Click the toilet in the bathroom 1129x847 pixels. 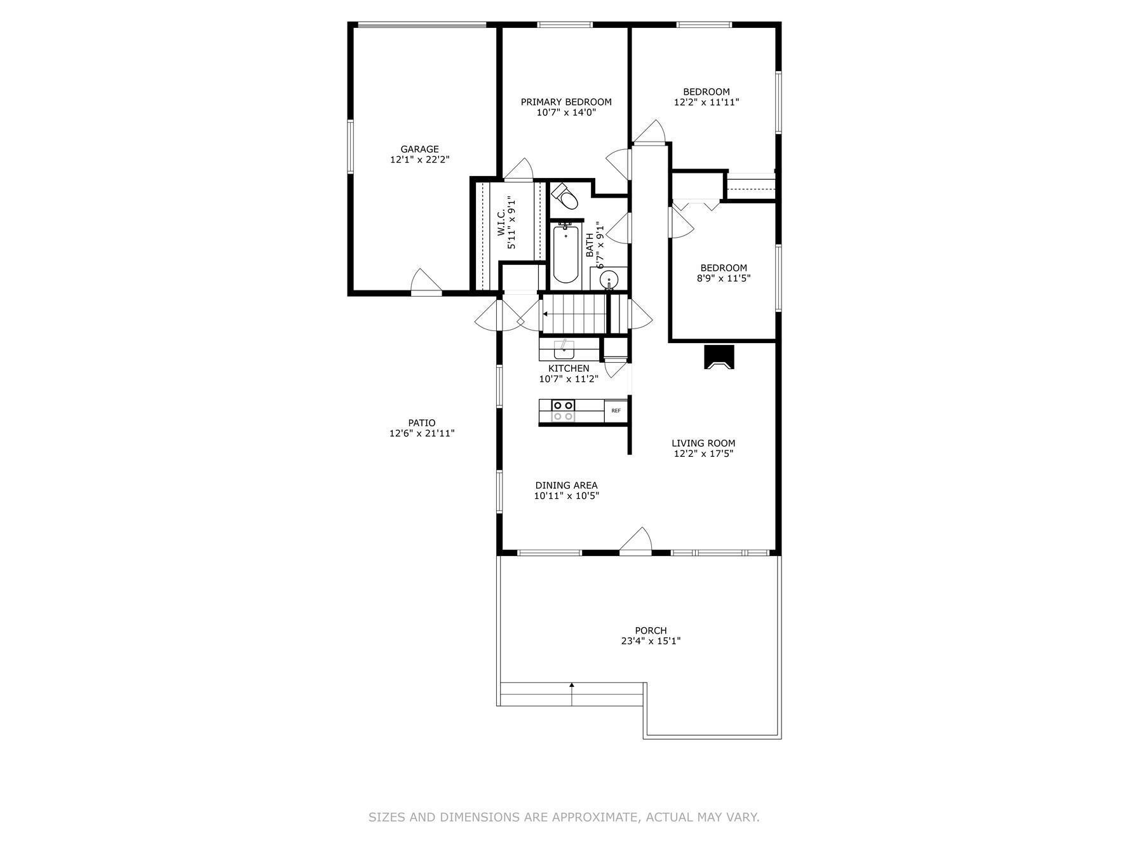tap(564, 196)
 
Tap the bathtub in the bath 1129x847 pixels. tap(565, 254)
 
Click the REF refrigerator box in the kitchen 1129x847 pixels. tap(616, 411)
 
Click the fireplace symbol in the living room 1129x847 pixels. tap(719, 356)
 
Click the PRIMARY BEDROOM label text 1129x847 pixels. tap(566, 102)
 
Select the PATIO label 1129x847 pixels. tap(422, 423)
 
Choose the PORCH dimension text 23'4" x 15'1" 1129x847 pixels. tap(651, 641)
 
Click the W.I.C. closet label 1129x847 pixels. tap(501, 222)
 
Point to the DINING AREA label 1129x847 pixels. tap(566, 485)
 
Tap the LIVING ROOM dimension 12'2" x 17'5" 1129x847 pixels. tap(704, 454)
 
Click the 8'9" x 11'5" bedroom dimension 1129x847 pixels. tap(724, 278)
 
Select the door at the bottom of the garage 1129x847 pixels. tap(426, 283)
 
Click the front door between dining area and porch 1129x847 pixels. tap(636, 541)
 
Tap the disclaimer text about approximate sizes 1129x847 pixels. tap(564, 817)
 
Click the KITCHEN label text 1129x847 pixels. tap(569, 369)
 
